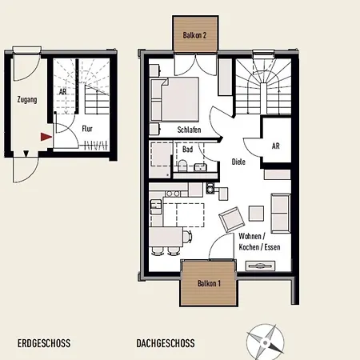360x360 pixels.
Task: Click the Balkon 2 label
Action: pyautogui.click(x=194, y=35)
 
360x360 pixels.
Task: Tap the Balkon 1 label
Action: pyautogui.click(x=210, y=283)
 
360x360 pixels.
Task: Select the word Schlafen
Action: pyautogui.click(x=189, y=130)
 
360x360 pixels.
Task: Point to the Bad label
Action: pyautogui.click(x=187, y=150)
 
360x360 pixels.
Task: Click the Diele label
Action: pyautogui.click(x=238, y=162)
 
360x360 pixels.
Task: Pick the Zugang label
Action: pyautogui.click(x=27, y=100)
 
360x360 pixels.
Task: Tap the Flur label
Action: pyautogui.click(x=87, y=129)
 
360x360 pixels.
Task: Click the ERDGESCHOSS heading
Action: pyautogui.click(x=44, y=343)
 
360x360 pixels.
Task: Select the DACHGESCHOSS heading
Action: pyautogui.click(x=166, y=343)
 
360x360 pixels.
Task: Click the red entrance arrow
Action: pyautogui.click(x=46, y=137)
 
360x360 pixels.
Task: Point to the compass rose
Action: pyautogui.click(x=265, y=342)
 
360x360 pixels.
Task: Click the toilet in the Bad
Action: pyautogui.click(x=182, y=166)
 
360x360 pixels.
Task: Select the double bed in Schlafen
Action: pyautogui.click(x=180, y=99)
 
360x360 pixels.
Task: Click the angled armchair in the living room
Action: pyautogui.click(x=232, y=219)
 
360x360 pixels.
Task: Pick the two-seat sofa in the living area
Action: pyautogui.click(x=281, y=214)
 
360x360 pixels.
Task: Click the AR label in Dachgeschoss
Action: pyautogui.click(x=276, y=146)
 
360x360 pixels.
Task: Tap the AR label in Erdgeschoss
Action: pyautogui.click(x=62, y=92)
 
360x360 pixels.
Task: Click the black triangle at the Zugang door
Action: pyautogui.click(x=26, y=154)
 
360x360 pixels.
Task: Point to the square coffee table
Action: pyautogui.click(x=256, y=214)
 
